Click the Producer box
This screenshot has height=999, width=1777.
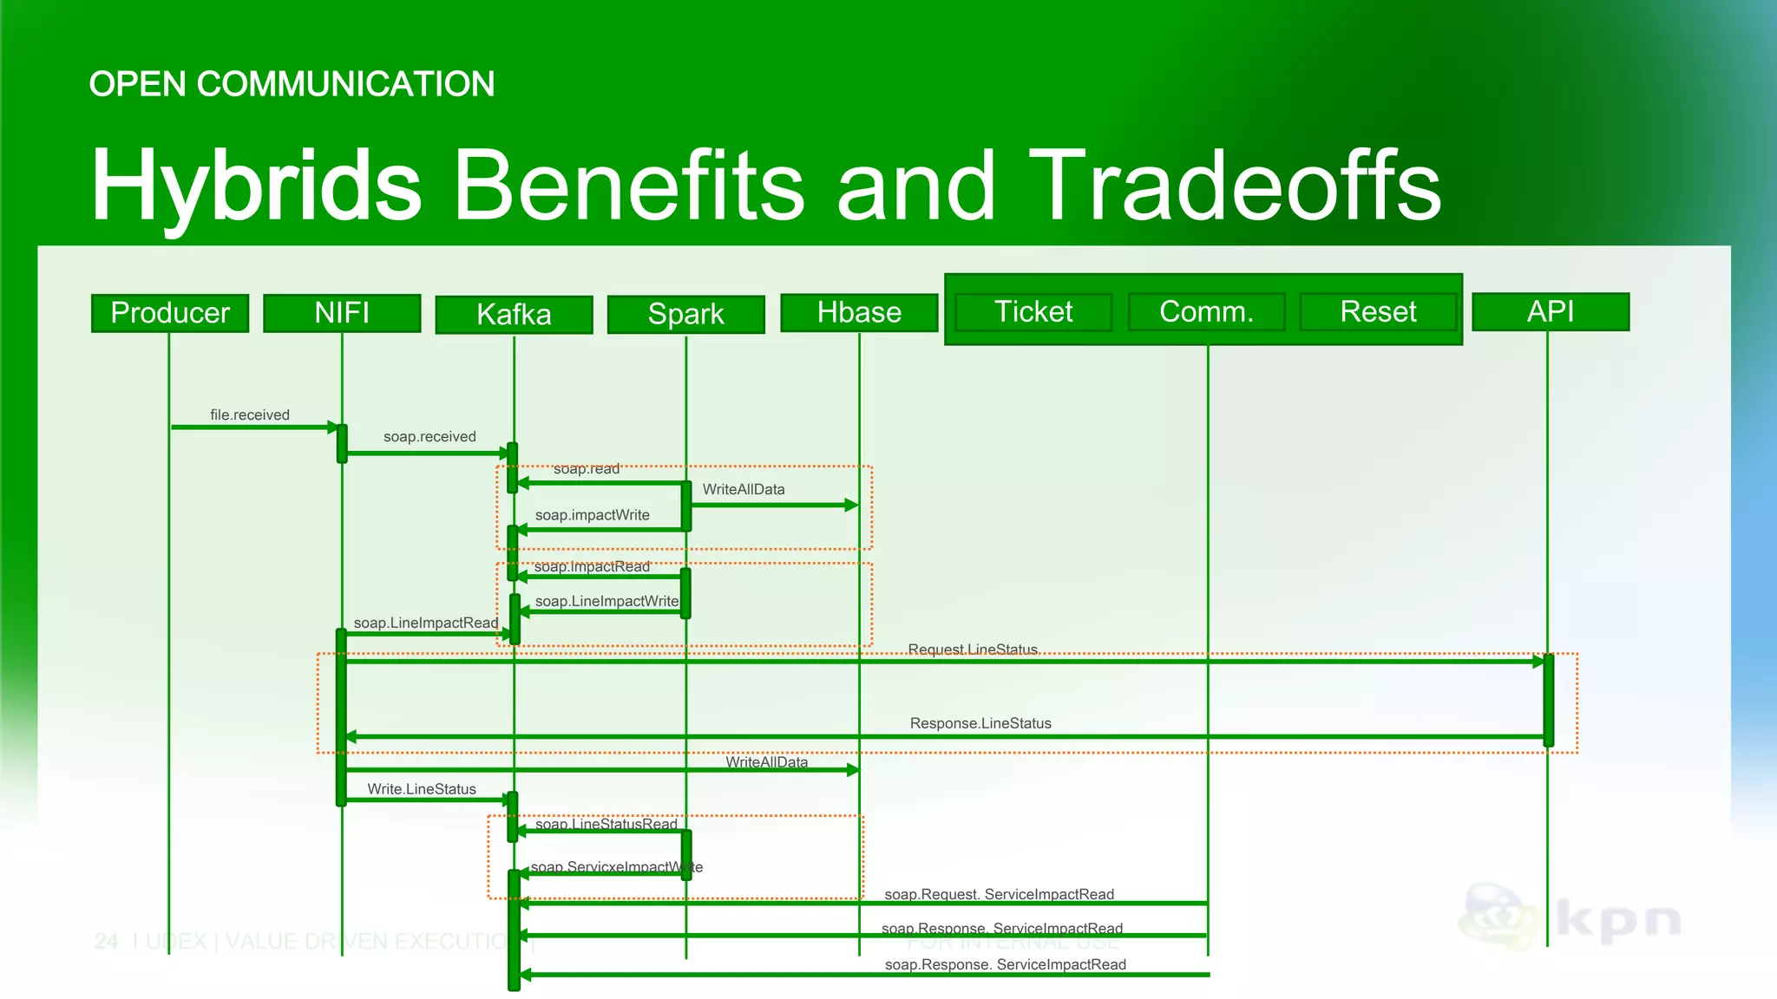click(170, 313)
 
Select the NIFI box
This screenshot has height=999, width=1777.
click(342, 313)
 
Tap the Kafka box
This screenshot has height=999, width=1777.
click(514, 315)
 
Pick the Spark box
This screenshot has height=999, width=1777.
click(685, 315)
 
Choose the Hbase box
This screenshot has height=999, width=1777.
click(859, 313)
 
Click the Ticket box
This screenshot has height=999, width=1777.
click(1033, 312)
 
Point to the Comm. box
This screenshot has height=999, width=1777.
click(1206, 312)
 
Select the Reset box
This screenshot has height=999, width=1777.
click(1378, 312)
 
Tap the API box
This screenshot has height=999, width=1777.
click(1551, 312)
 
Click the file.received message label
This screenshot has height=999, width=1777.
click(250, 415)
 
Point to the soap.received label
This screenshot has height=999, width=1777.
click(429, 437)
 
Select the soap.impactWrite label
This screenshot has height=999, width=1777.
click(593, 515)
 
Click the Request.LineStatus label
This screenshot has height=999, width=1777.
click(973, 650)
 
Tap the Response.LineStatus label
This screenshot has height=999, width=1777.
click(980, 723)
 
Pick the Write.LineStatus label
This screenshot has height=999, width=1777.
click(422, 789)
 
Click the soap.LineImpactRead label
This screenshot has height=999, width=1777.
click(426, 623)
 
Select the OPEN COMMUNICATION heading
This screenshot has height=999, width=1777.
click(292, 84)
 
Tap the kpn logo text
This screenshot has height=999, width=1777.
click(1619, 921)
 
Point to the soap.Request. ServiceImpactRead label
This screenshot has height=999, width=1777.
click(1000, 894)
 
